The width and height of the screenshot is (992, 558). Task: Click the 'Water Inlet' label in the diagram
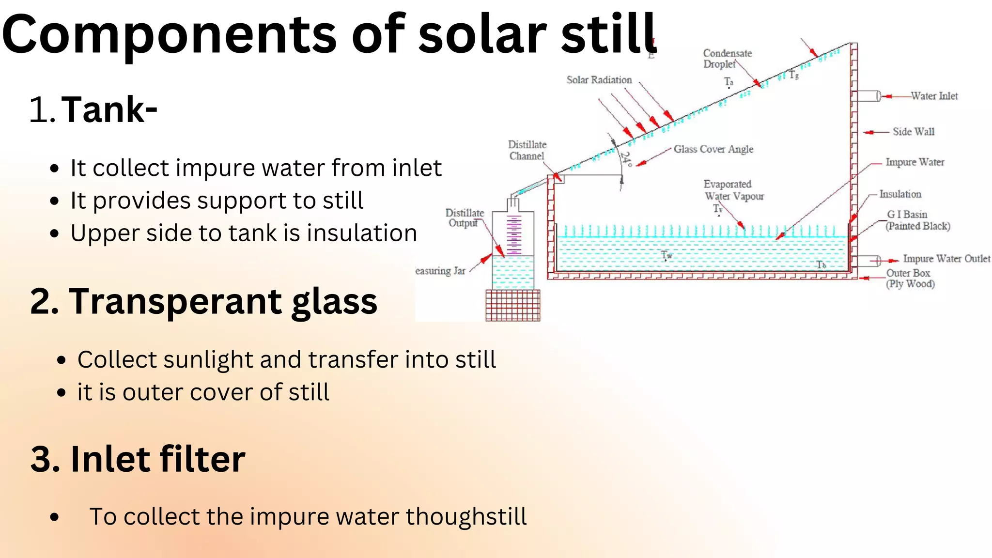click(934, 96)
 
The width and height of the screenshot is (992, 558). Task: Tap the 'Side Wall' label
click(913, 132)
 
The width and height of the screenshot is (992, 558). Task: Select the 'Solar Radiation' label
click(599, 80)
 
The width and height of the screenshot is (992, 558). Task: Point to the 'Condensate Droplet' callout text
click(727, 59)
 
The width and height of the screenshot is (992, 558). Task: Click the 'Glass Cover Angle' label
click(713, 149)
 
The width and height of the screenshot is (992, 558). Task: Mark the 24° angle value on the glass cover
click(627, 159)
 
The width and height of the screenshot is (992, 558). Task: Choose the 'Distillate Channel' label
click(527, 150)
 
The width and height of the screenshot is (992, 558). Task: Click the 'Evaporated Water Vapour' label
click(733, 190)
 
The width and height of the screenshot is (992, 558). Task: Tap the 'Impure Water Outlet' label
click(946, 259)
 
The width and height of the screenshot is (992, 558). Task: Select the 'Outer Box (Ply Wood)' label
click(910, 279)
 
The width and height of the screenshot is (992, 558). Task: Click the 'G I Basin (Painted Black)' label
click(917, 220)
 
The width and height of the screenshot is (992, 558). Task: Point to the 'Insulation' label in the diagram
click(900, 194)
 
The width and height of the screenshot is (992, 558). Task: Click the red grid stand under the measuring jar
click(512, 305)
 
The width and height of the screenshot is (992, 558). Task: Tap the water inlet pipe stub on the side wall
click(867, 96)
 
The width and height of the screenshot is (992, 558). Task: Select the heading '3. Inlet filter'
click(138, 459)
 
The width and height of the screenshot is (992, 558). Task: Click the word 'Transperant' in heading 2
click(175, 301)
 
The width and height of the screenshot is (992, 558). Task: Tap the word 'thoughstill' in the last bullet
click(466, 516)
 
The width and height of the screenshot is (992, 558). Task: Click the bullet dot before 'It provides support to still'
click(54, 201)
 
